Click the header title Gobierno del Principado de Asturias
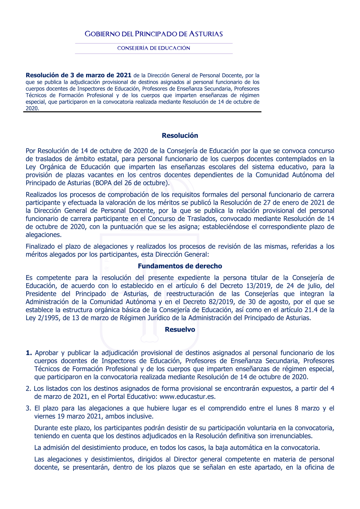154,34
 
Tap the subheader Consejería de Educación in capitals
154,48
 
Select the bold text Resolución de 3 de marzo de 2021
78,75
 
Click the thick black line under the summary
142,112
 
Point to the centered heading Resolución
180,136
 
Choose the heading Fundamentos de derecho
180,266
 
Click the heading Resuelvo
180,330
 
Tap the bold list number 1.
29,353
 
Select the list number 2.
28,388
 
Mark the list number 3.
28,408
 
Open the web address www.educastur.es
188,397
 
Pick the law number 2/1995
48,318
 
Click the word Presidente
41,294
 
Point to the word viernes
45,417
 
